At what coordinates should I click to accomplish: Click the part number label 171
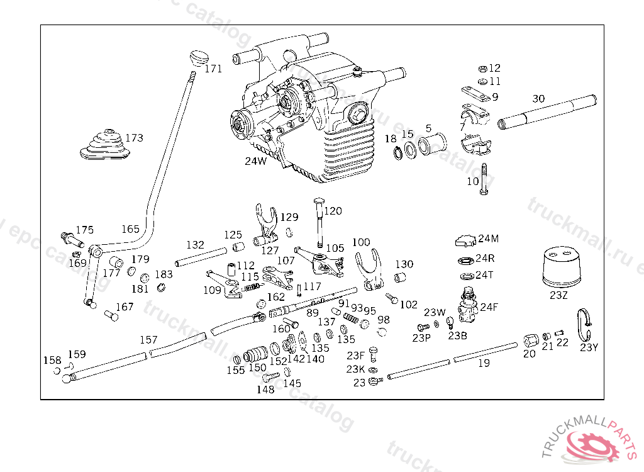213,69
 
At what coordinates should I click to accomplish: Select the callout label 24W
255,161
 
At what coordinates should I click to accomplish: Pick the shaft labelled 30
547,113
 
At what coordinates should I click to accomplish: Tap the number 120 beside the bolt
333,211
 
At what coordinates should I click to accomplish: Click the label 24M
488,239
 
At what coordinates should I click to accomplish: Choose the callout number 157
148,340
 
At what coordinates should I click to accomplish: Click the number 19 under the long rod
484,363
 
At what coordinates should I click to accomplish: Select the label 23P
421,338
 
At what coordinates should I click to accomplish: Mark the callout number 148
265,390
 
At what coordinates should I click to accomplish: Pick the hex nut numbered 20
530,342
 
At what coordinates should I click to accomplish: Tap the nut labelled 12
482,68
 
